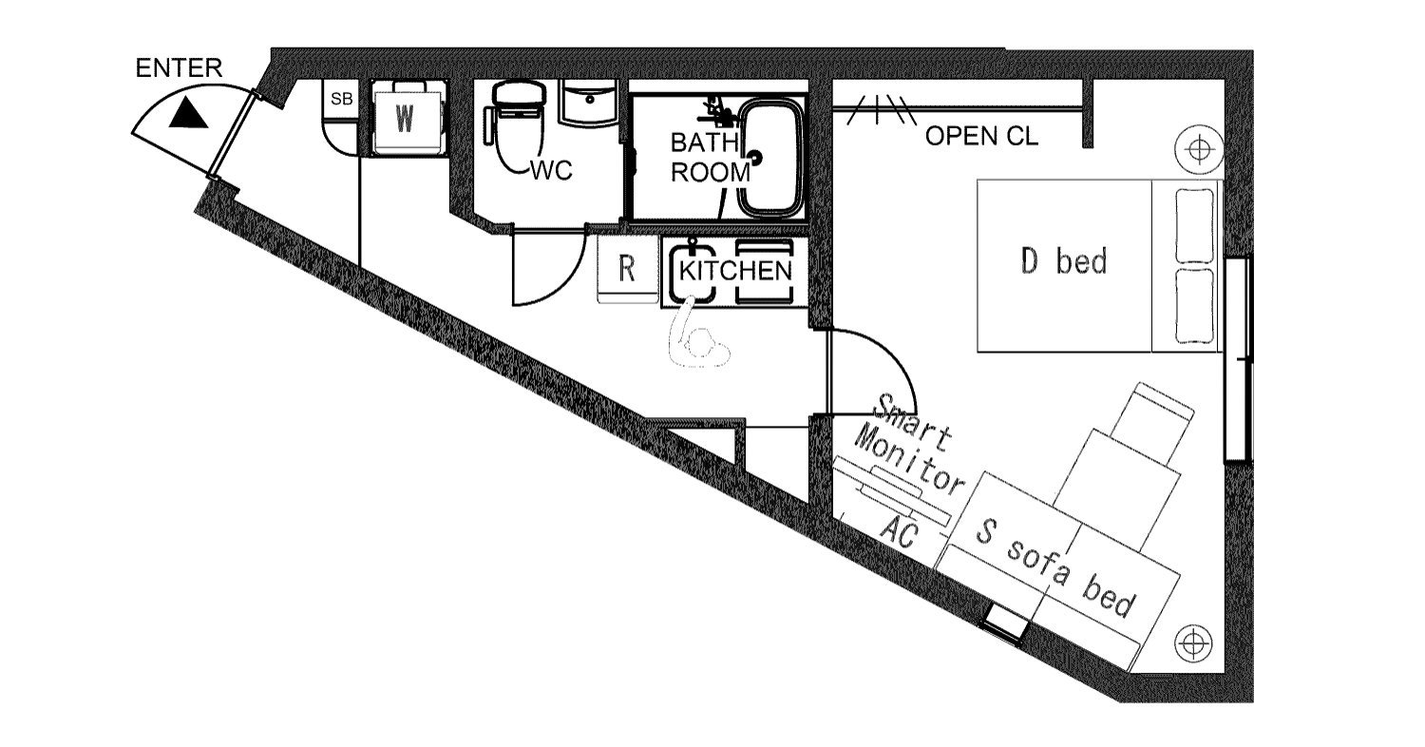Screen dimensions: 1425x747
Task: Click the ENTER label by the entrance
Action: (x=179, y=68)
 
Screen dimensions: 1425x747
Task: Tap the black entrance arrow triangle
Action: (x=188, y=115)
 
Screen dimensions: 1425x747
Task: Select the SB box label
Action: (x=342, y=99)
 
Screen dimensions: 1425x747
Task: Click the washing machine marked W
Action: (x=406, y=118)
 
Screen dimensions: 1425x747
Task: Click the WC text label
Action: (x=552, y=170)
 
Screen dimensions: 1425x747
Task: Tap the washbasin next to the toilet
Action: (x=588, y=102)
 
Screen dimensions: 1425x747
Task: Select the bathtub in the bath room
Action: (x=770, y=157)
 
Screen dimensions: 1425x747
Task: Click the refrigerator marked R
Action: (x=627, y=269)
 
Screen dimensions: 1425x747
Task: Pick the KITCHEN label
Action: (x=735, y=271)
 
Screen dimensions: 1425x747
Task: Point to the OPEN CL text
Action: (x=981, y=136)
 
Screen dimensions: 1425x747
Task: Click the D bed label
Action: (x=1064, y=260)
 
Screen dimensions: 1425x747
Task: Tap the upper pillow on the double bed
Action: (x=1194, y=225)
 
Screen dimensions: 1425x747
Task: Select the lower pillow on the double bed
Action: (x=1194, y=306)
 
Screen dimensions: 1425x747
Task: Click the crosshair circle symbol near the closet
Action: (x=1199, y=150)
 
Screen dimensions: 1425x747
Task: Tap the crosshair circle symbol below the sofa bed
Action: (x=1193, y=643)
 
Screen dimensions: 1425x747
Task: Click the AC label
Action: (x=899, y=532)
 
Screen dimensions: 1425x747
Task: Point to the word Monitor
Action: (x=910, y=462)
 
